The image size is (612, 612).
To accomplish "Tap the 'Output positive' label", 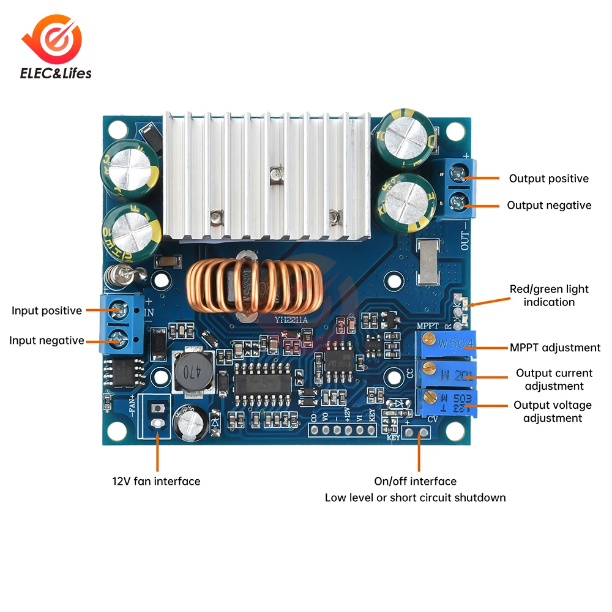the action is [x=548, y=179].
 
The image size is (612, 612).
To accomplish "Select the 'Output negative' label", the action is [x=549, y=206].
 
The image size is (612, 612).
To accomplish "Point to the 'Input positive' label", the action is [x=47, y=311].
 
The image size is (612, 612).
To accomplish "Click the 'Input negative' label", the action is [x=47, y=340].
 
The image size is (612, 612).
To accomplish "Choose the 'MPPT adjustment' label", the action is [x=555, y=348].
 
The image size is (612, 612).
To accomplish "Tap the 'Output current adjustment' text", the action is [x=554, y=379].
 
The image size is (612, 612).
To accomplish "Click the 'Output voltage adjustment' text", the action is [x=552, y=411].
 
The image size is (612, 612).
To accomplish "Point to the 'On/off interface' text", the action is [x=415, y=482].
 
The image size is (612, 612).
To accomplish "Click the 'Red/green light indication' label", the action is [x=549, y=295].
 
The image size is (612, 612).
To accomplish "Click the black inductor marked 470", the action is [x=190, y=370].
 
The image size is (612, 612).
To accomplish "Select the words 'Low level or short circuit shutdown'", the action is [x=415, y=498].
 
